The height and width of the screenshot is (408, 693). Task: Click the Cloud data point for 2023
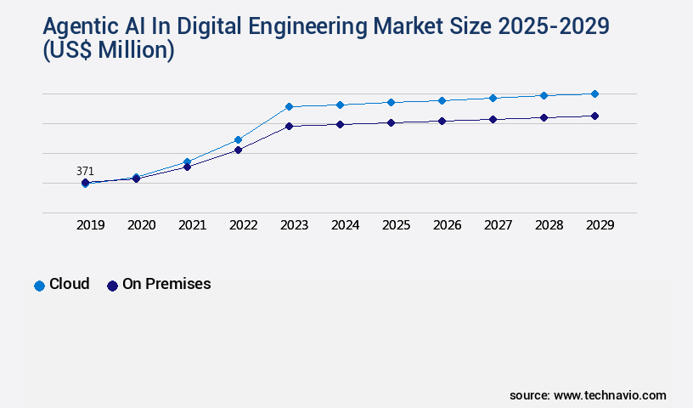[x=289, y=106]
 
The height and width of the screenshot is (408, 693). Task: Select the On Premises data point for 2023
[x=289, y=126]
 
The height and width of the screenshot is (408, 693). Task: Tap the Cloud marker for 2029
[x=594, y=93]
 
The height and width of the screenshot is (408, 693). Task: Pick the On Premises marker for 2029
[x=594, y=116]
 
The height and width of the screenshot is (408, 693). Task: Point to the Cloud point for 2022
[x=238, y=139]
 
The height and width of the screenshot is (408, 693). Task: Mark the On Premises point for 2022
[x=238, y=150]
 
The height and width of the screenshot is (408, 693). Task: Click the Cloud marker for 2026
[x=442, y=100]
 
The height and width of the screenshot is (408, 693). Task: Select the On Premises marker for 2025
[x=391, y=122]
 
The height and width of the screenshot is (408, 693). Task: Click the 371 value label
[x=85, y=171]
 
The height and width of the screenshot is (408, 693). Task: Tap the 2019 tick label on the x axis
[x=91, y=225]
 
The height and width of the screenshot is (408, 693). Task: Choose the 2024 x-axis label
[x=346, y=225]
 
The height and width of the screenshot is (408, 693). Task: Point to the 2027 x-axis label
[x=499, y=225]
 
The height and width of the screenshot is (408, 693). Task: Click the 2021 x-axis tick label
[x=193, y=225]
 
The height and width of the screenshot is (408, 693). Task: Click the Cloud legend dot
[x=39, y=286]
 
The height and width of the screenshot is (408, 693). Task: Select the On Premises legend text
[x=166, y=284]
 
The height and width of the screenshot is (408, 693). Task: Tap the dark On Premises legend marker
[x=112, y=286]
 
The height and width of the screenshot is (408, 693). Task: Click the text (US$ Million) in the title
[x=109, y=50]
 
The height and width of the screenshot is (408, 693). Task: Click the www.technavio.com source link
[x=611, y=395]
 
